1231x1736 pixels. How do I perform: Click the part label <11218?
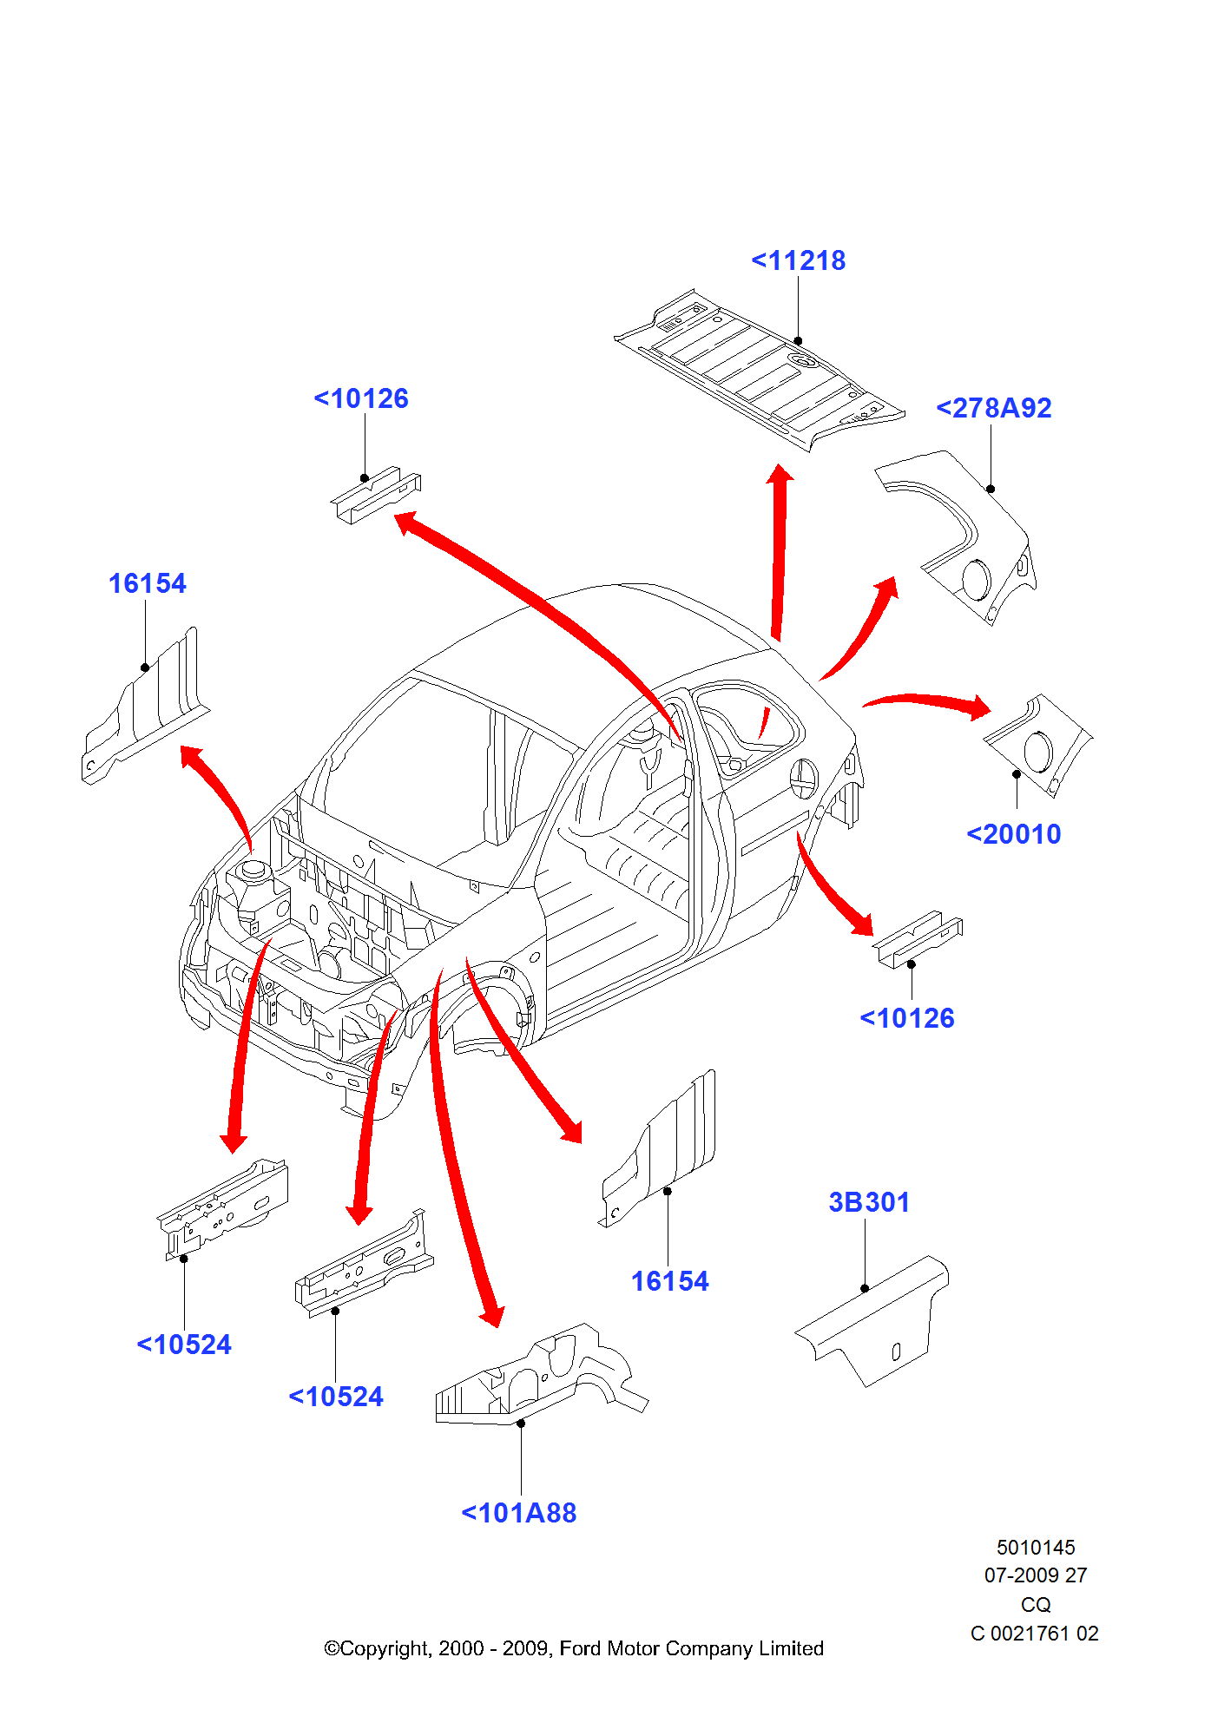pyautogui.click(x=798, y=260)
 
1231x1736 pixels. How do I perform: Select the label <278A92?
pyautogui.click(x=993, y=408)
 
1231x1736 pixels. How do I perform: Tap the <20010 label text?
pyautogui.click(x=1013, y=834)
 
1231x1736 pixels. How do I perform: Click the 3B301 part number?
pyautogui.click(x=868, y=1202)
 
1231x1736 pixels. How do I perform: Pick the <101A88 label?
pyautogui.click(x=518, y=1513)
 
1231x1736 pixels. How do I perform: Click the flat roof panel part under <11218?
pyautogui.click(x=755, y=369)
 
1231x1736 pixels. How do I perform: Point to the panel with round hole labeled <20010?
pyautogui.click(x=1037, y=746)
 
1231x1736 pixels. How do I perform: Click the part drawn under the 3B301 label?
pyautogui.click(x=877, y=1319)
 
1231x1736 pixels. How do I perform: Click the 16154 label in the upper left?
pyautogui.click(x=147, y=583)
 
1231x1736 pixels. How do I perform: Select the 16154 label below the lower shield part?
pyautogui.click(x=669, y=1281)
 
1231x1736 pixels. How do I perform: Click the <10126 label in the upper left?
pyautogui.click(x=361, y=398)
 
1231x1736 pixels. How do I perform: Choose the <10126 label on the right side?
pyautogui.click(x=906, y=1018)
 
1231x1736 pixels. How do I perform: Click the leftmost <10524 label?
pyautogui.click(x=184, y=1345)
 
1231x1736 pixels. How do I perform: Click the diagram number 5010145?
pyautogui.click(x=1035, y=1548)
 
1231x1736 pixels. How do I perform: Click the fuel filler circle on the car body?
pyautogui.click(x=803, y=778)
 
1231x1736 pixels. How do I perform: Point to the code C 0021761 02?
pyautogui.click(x=1034, y=1634)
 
